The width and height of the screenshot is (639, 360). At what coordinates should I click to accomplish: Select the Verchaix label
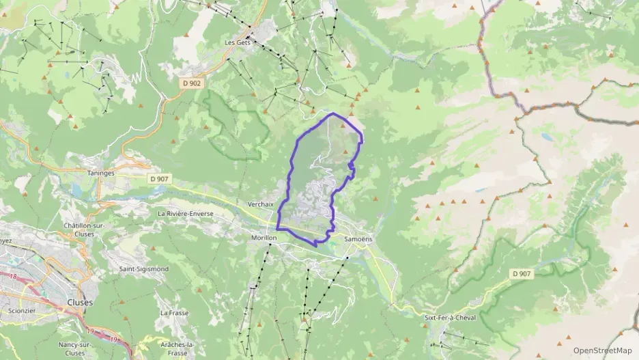261,204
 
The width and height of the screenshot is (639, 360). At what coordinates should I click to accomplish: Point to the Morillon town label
264,238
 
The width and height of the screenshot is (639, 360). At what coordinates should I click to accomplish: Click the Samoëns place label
358,238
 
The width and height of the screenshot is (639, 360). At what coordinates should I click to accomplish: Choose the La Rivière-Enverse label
186,214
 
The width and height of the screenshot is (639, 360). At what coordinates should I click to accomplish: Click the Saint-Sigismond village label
144,269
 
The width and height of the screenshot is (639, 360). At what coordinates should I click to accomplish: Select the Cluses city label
80,302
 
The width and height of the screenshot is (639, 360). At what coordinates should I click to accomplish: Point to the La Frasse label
173,313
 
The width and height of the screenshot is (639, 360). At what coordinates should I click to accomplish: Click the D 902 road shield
192,83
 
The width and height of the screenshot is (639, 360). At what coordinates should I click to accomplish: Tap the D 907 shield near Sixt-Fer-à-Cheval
522,273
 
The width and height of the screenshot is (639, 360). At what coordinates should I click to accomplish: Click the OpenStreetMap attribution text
602,351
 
